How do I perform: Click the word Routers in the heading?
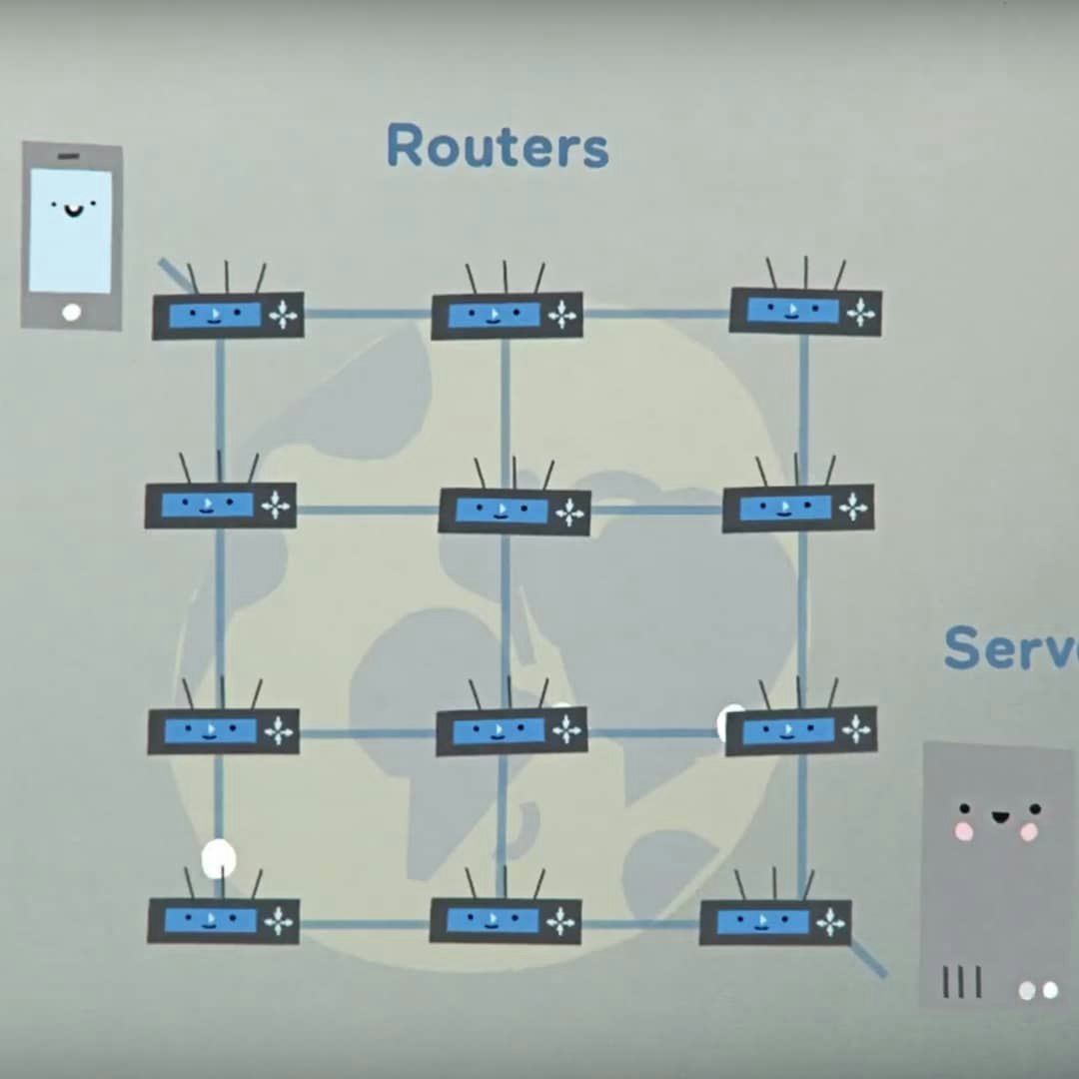point(497,146)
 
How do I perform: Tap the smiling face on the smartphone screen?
point(72,208)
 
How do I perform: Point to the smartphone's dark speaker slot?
point(68,158)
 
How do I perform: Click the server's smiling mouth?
point(998,817)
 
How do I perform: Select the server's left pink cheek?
point(963,831)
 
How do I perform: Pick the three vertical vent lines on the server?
point(961,982)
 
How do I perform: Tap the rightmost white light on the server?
point(1050,990)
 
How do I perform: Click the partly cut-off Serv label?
point(1009,649)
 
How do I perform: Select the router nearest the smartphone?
point(228,315)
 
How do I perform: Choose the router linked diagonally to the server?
point(775,921)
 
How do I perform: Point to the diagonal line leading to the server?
point(868,959)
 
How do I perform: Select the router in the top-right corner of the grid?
point(805,311)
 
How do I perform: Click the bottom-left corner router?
point(223,920)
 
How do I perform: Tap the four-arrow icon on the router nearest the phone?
point(284,316)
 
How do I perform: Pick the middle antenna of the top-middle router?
point(505,277)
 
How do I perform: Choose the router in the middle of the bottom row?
point(506,920)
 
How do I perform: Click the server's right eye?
point(1034,808)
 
